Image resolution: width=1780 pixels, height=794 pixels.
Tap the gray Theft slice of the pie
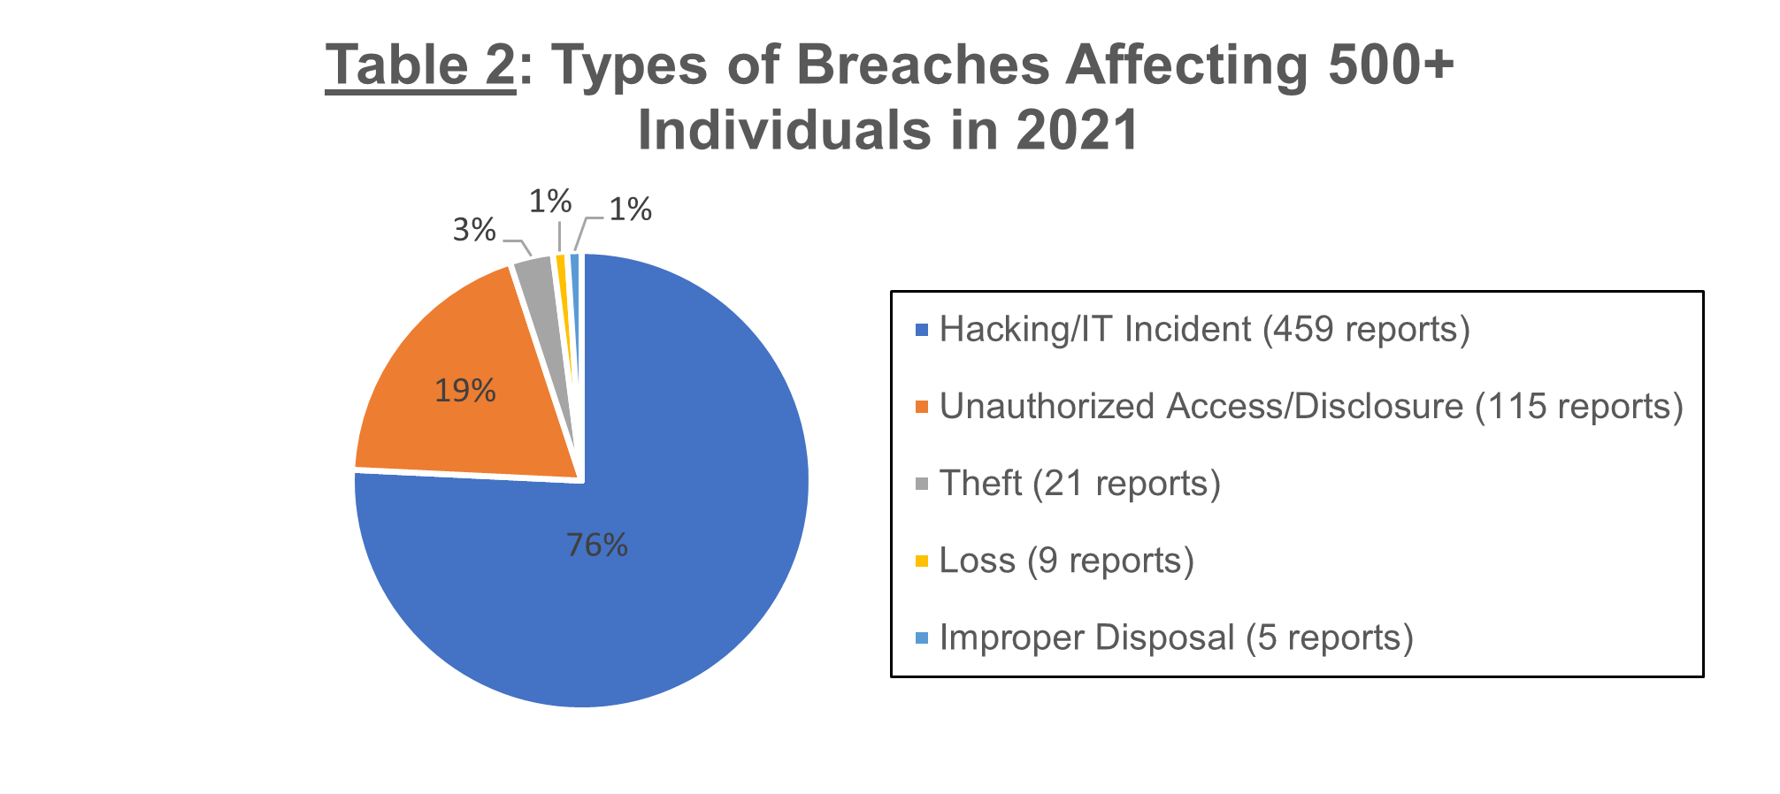click(540, 292)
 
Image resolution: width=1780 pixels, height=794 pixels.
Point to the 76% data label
click(597, 546)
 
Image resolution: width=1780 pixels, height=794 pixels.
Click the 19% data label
click(465, 391)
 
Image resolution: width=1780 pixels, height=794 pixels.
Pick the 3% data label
click(474, 231)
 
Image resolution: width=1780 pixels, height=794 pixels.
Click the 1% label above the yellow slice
click(550, 202)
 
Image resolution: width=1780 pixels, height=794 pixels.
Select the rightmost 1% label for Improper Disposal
click(631, 210)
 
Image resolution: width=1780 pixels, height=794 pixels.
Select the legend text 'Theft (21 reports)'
click(1080, 484)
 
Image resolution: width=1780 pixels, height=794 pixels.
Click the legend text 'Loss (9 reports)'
click(1067, 561)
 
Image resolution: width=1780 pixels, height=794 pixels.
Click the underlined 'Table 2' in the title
click(420, 65)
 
